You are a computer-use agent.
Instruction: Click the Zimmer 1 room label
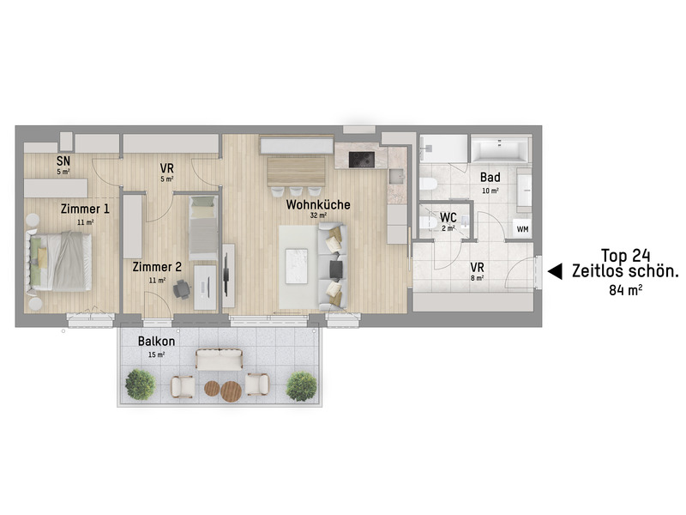(x=85, y=209)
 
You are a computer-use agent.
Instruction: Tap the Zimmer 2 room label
(x=157, y=267)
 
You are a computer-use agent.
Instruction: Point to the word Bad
(x=490, y=178)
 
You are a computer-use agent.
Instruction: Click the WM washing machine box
(x=521, y=227)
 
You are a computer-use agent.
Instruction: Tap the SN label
(x=63, y=161)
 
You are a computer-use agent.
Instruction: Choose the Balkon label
(x=157, y=341)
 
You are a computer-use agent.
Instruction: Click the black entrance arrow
(x=555, y=271)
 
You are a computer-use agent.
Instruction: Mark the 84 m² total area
(x=625, y=290)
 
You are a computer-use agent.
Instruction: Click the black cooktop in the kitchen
(x=361, y=158)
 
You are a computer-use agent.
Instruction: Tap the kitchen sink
(x=395, y=177)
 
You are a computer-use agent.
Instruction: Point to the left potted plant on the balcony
(x=140, y=385)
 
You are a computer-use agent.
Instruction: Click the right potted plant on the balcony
(x=301, y=386)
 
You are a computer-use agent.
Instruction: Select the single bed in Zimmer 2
(x=202, y=227)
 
